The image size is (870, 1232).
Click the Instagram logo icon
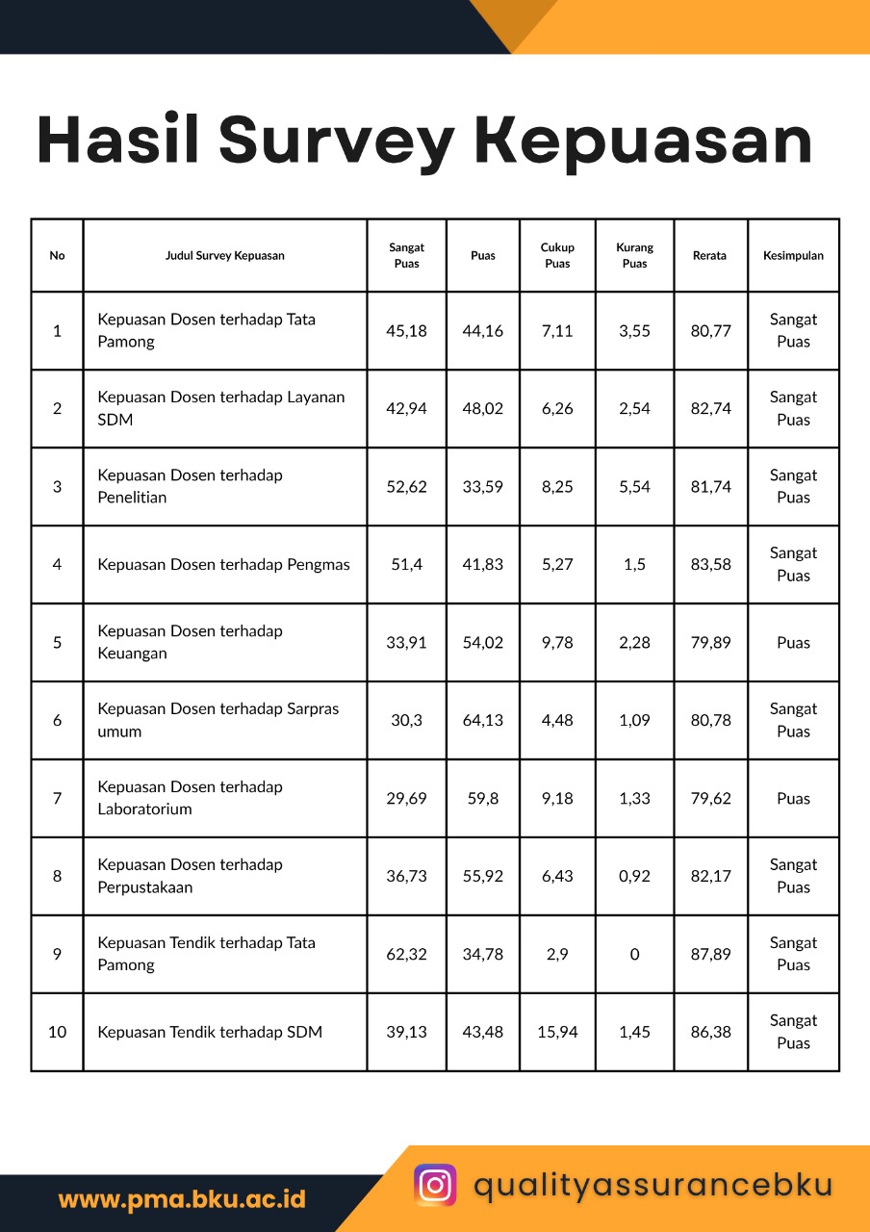[435, 1185]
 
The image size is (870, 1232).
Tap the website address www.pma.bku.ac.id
[182, 1199]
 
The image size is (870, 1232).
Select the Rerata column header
[709, 256]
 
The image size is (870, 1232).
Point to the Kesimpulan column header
[793, 256]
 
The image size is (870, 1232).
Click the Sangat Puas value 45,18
[406, 331]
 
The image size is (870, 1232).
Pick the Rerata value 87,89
[710, 955]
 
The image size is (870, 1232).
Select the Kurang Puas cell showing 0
[634, 955]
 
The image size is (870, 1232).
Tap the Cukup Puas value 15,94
[557, 1033]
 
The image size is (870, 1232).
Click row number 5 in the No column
[57, 643]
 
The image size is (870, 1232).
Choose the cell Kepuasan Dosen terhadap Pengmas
[223, 565]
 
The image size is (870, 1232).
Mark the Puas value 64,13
[482, 721]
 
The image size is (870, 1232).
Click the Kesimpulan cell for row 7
[793, 799]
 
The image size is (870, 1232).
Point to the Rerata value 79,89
[710, 643]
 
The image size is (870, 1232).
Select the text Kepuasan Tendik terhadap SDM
[210, 1033]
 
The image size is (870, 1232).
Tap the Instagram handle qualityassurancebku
[652, 1185]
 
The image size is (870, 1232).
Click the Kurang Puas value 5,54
[634, 487]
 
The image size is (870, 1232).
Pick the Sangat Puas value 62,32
[406, 955]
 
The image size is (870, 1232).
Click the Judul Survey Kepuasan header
[224, 256]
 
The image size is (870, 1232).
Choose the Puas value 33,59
[482, 487]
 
